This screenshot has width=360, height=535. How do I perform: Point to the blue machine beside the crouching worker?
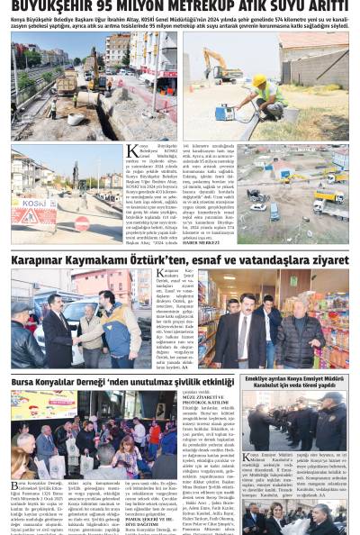224,111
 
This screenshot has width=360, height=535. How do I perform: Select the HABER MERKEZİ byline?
202,242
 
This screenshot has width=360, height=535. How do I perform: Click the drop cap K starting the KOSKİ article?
131,150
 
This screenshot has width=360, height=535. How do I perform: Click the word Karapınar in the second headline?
39,259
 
